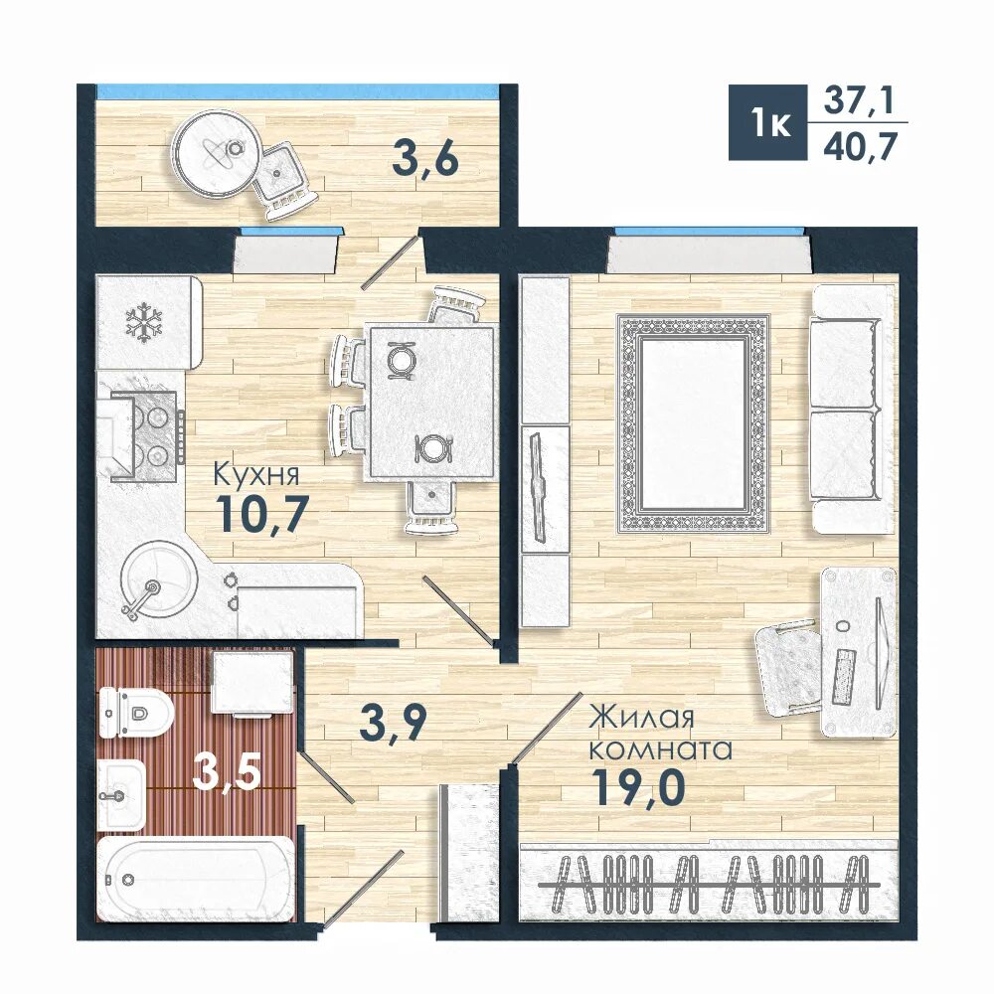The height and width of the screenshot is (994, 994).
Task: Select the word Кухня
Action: [x=255, y=473]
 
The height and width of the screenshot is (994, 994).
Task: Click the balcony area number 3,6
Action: [x=424, y=158]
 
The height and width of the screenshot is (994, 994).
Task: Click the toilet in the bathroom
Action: [x=135, y=713]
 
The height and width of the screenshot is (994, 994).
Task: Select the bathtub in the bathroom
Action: [x=197, y=880]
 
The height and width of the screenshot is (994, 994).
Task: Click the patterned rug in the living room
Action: [x=694, y=422]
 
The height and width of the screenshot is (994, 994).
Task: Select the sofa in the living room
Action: [x=854, y=409]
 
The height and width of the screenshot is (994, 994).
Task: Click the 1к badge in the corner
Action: [x=767, y=122]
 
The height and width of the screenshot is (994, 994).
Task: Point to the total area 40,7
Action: [x=860, y=147]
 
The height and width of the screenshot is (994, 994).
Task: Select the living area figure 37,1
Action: [x=858, y=100]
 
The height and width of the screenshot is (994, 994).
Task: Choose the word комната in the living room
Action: [x=661, y=749]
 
